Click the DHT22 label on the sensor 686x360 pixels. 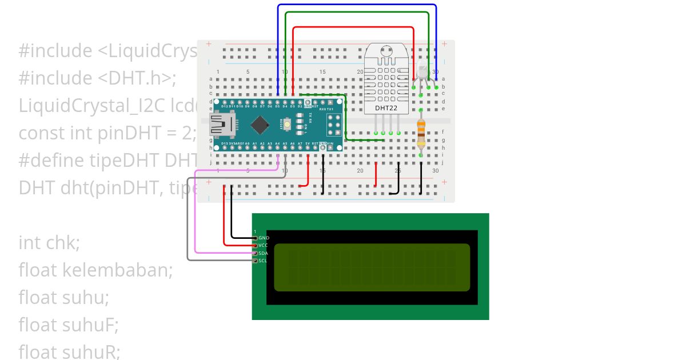pyautogui.click(x=387, y=108)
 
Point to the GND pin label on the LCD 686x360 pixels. pyautogui.click(x=264, y=238)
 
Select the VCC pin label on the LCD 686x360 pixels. pyautogui.click(x=264, y=245)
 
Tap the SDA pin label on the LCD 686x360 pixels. pyautogui.click(x=264, y=253)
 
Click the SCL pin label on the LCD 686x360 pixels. pyautogui.click(x=263, y=261)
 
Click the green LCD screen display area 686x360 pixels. pyautogui.click(x=372, y=267)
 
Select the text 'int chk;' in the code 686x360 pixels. pyautogui.click(x=49, y=243)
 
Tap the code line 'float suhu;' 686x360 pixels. pyautogui.click(x=63, y=298)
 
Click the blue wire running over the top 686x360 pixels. pyautogui.click(x=357, y=5)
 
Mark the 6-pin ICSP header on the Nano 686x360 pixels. pyautogui.click(x=334, y=123)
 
